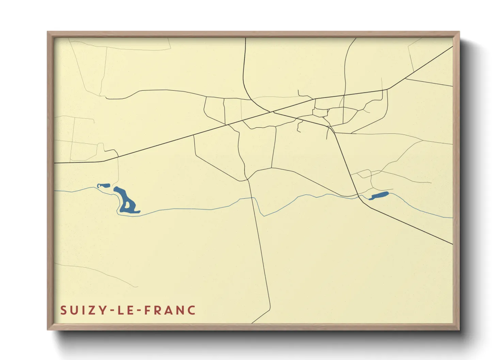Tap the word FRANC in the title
coord(170,310)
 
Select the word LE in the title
coord(124,310)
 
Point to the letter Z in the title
coord(91,310)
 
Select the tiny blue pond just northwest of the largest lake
coord(104,185)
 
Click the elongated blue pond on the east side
coord(378,196)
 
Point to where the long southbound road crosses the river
coord(253,197)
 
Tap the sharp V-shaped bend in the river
coord(264,216)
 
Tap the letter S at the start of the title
coord(63,310)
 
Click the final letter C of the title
coord(192,310)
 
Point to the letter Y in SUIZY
coord(101,310)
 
